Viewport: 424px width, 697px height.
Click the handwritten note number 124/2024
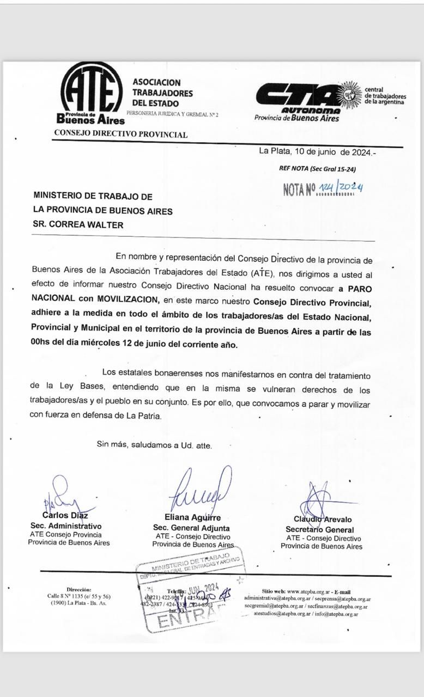(x=341, y=188)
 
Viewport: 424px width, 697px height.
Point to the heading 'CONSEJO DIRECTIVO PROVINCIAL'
(x=120, y=134)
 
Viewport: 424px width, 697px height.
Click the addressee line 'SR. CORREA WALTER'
(x=78, y=224)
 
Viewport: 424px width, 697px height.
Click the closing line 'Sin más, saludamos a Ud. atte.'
(x=154, y=445)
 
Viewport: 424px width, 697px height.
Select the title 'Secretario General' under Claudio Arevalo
(x=319, y=530)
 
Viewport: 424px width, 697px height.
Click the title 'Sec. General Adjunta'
(x=191, y=528)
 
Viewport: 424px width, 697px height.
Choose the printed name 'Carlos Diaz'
(x=65, y=515)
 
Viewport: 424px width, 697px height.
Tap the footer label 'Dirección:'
(x=79, y=589)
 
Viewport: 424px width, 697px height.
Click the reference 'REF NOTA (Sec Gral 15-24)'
(x=317, y=169)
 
